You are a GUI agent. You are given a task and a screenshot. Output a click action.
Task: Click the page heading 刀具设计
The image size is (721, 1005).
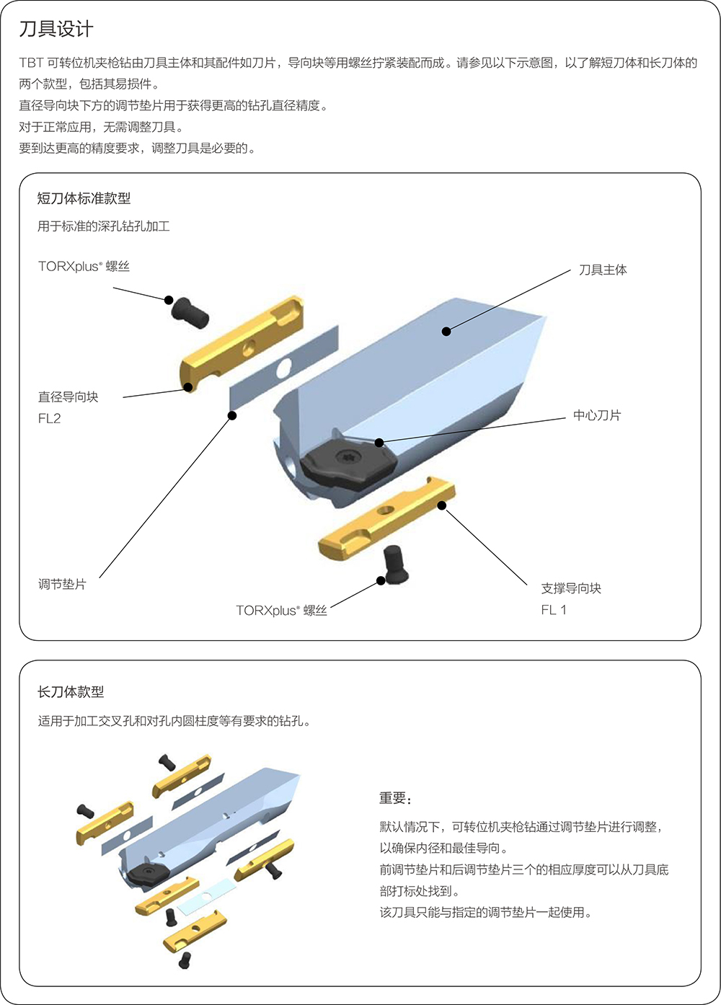tap(56, 30)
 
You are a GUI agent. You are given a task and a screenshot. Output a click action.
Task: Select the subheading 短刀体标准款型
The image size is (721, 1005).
tap(84, 198)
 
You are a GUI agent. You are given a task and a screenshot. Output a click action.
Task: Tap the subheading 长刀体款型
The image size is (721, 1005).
tap(71, 691)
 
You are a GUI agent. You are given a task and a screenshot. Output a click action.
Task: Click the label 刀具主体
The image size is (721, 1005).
tap(603, 270)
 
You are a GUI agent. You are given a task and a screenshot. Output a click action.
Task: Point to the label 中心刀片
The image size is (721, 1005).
tap(596, 415)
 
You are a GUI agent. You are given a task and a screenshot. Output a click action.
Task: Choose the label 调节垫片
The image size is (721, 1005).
tap(62, 584)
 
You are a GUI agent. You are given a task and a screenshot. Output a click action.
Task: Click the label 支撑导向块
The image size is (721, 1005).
tap(571, 588)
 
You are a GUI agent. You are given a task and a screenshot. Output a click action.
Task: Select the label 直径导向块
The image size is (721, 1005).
tap(68, 397)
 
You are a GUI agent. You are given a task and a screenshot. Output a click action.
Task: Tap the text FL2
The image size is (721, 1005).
tap(50, 418)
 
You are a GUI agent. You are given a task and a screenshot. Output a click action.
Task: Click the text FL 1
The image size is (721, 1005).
tap(554, 610)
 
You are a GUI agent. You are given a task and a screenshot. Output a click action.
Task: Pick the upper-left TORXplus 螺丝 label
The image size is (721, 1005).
tap(84, 267)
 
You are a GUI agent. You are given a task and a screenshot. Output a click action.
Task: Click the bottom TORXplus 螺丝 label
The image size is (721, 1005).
tap(281, 611)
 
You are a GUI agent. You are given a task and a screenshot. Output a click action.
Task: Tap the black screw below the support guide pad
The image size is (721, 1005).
tap(394, 564)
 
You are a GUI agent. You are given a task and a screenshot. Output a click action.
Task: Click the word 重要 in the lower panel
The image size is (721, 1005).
tap(393, 798)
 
